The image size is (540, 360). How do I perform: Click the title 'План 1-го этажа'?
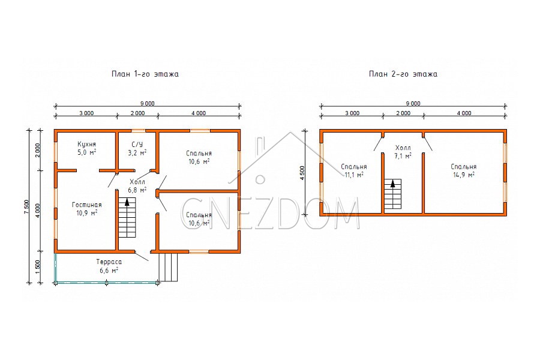click(145, 74)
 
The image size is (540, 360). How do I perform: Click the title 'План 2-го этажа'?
click(403, 74)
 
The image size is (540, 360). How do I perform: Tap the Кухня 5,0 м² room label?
click(86, 148)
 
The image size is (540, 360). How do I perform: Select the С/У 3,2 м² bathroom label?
click(137, 148)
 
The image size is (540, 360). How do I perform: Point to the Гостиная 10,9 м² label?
click(87, 209)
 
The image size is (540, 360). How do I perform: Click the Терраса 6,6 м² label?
click(109, 266)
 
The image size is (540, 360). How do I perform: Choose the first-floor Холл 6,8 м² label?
click(137, 185)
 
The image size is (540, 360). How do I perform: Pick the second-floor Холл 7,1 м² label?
click(403, 152)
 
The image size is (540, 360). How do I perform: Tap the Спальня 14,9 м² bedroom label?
click(464, 170)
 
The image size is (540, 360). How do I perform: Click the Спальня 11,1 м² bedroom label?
click(353, 170)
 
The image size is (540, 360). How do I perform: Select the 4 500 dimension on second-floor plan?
click(302, 173)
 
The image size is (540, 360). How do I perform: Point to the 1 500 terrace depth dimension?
click(38, 267)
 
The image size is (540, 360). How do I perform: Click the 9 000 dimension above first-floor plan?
click(148, 103)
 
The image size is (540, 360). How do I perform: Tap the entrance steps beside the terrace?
click(169, 268)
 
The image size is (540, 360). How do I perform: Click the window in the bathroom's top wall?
click(139, 131)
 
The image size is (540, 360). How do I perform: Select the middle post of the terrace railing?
click(106, 283)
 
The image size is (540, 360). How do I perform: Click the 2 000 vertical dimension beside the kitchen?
click(38, 150)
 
